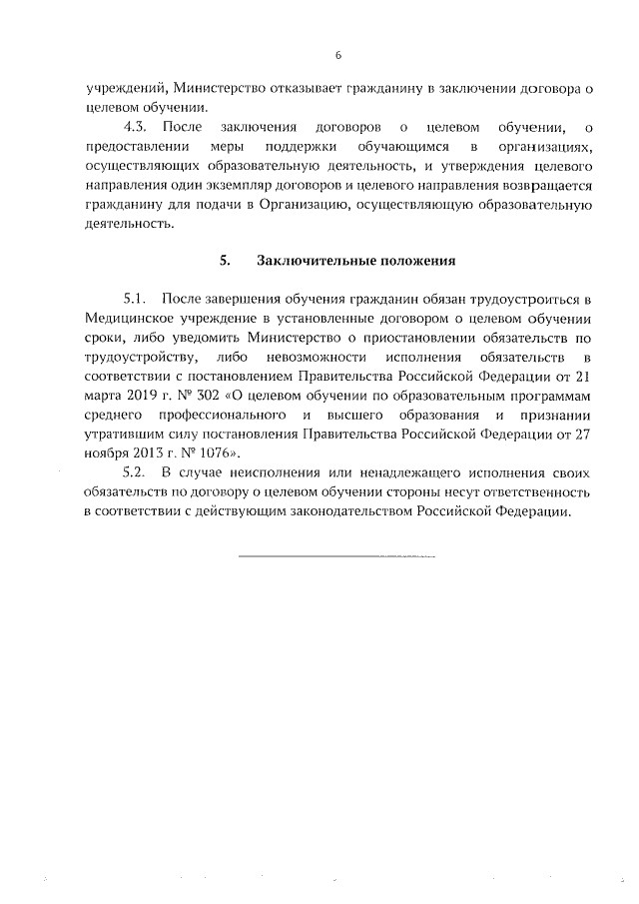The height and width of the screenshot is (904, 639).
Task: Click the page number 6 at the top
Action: tap(338, 54)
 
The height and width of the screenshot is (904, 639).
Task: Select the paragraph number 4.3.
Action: tap(136, 128)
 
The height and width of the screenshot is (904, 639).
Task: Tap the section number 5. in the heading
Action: tap(226, 261)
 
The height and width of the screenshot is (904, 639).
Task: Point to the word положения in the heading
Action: tap(414, 261)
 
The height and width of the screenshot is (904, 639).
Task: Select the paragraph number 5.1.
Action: tap(136, 299)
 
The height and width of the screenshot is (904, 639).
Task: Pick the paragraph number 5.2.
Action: tap(136, 472)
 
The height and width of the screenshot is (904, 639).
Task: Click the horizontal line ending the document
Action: tap(337, 551)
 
